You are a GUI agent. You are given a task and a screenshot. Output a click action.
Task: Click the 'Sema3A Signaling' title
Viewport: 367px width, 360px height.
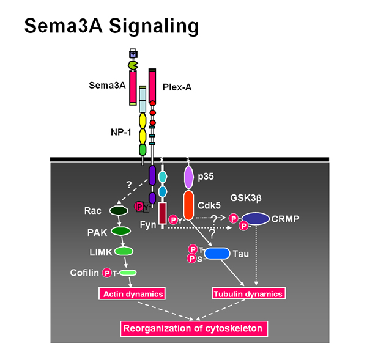coord(112,26)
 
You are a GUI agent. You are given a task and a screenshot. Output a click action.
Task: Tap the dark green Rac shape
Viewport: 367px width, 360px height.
coord(119,210)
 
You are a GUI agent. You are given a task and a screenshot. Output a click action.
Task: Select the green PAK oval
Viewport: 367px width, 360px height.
coord(120,231)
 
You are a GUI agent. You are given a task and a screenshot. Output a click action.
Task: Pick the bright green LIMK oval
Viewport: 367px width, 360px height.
coord(124,251)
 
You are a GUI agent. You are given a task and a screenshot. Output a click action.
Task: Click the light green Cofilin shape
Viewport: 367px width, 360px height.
coord(128,273)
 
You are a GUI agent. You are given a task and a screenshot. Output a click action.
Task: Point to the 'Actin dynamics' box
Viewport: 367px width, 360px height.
coord(132,293)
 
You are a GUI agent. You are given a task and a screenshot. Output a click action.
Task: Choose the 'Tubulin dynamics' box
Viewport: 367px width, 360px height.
coord(248,293)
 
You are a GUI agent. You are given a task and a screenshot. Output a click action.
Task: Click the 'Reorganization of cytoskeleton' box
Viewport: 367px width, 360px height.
coord(194,328)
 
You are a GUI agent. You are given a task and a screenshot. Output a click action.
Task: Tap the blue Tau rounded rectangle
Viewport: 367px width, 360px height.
coord(217,254)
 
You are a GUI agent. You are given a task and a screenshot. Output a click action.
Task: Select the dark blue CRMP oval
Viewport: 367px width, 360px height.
coord(256,219)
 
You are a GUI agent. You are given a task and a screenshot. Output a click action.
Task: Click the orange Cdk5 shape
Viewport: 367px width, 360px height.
coord(188,205)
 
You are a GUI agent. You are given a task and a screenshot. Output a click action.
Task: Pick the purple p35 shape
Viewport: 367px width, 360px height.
coord(188,177)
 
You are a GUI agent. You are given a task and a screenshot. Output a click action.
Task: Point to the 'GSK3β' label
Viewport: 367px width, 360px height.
coord(246,198)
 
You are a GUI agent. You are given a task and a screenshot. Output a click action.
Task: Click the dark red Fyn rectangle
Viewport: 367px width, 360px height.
coord(163,213)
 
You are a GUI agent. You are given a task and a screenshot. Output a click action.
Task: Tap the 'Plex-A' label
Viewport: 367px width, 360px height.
coord(177,87)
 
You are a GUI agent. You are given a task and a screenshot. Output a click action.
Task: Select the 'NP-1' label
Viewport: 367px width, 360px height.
coord(120,133)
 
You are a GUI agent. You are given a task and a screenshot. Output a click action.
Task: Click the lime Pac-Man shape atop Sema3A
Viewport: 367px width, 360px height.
coord(133,65)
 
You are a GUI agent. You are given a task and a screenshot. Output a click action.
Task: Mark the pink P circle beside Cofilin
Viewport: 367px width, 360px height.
coord(107,273)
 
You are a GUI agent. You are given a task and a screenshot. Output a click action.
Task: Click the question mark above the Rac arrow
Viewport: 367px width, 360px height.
coord(129,185)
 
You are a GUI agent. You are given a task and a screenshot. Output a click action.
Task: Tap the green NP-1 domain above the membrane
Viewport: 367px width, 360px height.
coord(143,150)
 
